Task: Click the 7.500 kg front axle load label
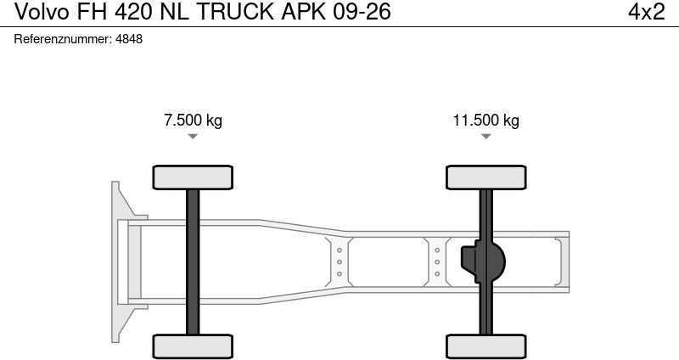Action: (193, 120)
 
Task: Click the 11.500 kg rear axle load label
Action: (485, 120)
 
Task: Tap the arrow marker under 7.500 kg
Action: (193, 137)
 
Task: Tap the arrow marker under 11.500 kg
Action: (486, 137)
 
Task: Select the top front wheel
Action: (193, 177)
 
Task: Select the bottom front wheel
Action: (193, 346)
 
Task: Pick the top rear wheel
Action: (486, 177)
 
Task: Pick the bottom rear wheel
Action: (486, 346)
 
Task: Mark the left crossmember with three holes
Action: (339, 262)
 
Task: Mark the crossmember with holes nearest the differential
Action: (437, 262)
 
